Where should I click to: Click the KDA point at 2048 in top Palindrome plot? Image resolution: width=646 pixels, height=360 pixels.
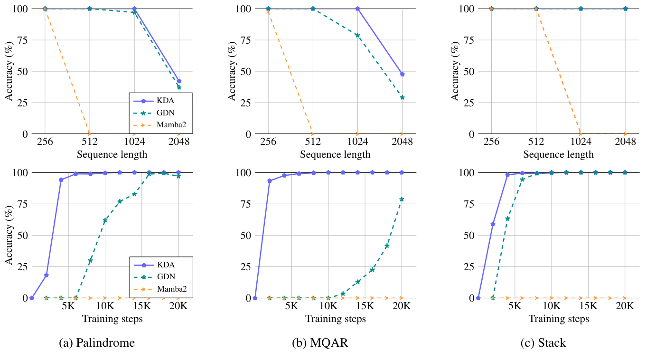coord(179,81)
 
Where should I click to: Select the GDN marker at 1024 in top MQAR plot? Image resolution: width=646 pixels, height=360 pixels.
coord(357,35)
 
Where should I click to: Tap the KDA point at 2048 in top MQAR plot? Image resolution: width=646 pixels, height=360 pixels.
coord(402,74)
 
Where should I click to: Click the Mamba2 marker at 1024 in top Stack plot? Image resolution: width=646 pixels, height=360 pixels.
coord(580,134)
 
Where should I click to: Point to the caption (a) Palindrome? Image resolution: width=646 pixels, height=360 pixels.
coord(96,342)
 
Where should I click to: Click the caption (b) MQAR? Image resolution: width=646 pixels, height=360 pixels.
coord(320,342)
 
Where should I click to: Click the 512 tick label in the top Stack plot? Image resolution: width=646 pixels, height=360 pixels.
coord(536,142)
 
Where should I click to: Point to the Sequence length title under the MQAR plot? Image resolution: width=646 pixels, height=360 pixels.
coord(335,154)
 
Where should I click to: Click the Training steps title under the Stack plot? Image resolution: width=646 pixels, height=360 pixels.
coord(559,319)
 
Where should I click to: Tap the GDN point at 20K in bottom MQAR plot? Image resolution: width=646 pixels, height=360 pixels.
coord(402,199)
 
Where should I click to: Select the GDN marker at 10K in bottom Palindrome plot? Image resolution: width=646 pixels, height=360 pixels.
coord(105,220)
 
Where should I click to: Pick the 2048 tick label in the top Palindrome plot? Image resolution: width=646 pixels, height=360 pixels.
coord(179,142)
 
